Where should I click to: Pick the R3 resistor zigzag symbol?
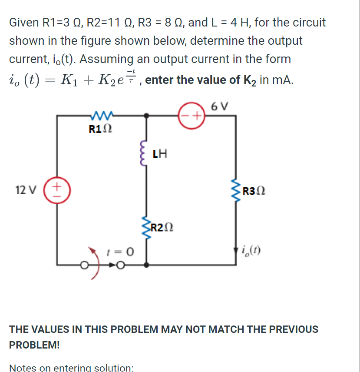click(237, 191)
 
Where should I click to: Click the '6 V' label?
click(221, 106)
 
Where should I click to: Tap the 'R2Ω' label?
click(164, 227)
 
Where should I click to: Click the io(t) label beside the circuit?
click(253, 251)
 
